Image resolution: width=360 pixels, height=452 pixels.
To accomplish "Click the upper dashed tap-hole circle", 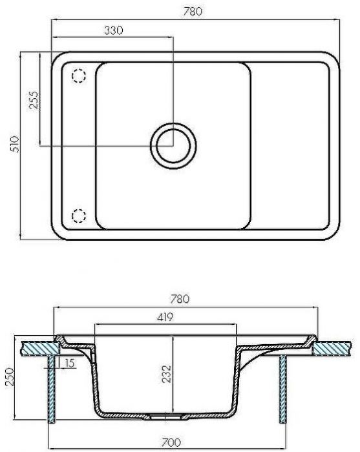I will pyautogui.click(x=78, y=76).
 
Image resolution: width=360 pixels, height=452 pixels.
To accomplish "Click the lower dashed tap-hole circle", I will pyautogui.click(x=78, y=216).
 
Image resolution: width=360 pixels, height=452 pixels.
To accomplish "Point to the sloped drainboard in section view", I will pyautogui.click(x=271, y=350).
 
